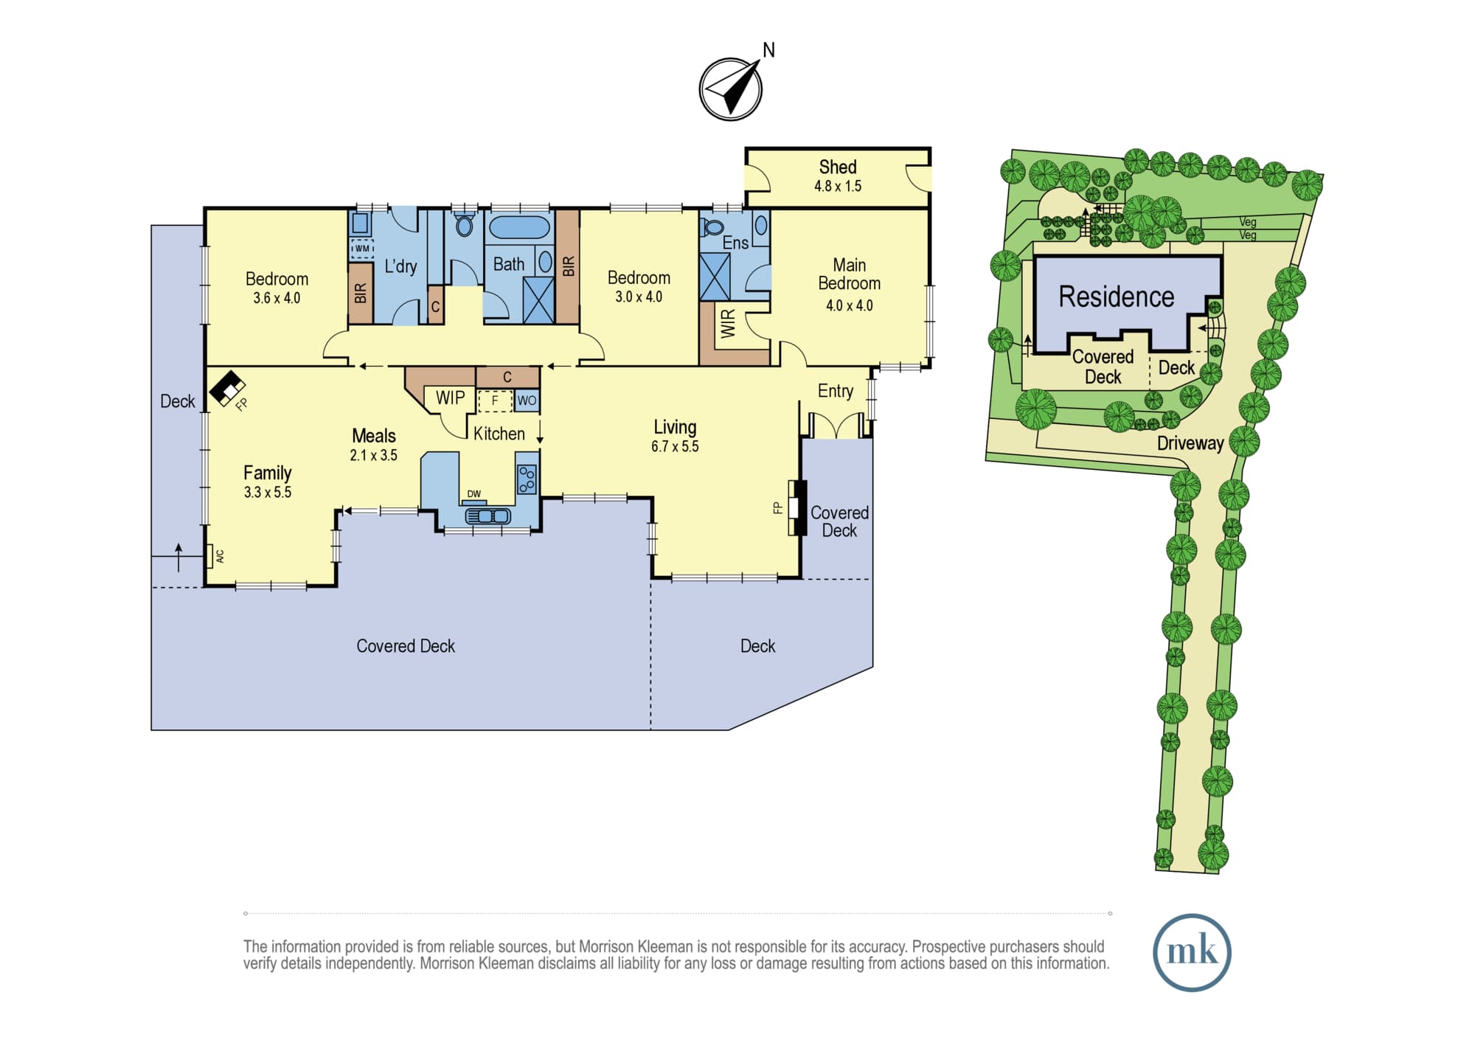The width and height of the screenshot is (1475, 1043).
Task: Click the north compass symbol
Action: coord(731,89)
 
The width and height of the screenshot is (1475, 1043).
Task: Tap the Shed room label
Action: coord(838,167)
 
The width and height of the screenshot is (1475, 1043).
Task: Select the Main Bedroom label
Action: coord(849,274)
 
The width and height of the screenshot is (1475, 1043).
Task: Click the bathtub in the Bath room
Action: coord(519,227)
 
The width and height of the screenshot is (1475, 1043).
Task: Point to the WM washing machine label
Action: coord(361,249)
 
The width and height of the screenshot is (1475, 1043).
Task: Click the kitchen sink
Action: coord(488,516)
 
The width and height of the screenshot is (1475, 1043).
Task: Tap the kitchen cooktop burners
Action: coord(527,479)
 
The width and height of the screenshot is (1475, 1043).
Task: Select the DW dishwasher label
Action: coord(473,494)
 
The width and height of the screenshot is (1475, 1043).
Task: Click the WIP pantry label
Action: coord(450,398)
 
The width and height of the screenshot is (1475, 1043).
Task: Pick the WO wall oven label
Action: coord(527,401)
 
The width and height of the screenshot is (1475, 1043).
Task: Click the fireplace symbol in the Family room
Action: coord(227,388)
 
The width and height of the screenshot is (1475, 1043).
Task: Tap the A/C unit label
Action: coord(220,557)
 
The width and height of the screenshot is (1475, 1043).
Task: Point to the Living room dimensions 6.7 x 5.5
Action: coord(675,446)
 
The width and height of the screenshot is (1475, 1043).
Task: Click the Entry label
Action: coord(835,391)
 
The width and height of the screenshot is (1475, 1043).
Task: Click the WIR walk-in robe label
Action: coord(728,324)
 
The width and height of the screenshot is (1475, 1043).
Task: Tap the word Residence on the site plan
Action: coord(1116,297)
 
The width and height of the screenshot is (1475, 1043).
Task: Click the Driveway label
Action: coord(1190,443)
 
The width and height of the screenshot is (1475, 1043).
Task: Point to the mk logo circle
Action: coord(1192,952)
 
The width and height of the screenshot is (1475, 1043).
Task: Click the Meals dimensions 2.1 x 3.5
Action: coord(373,455)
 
